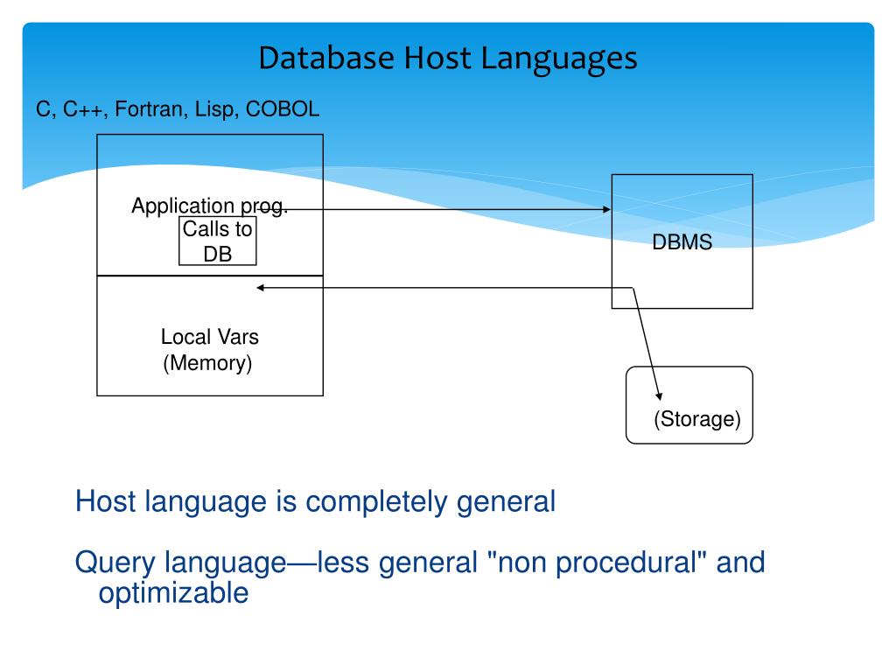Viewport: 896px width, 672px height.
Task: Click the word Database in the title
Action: pos(326,59)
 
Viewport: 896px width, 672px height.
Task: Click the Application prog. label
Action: pos(209,206)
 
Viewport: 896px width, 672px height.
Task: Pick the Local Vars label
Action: pos(209,336)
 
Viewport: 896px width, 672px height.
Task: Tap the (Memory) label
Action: pos(207,362)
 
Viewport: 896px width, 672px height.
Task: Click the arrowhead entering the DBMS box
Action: pos(606,210)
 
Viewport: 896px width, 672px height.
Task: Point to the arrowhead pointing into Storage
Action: pos(659,395)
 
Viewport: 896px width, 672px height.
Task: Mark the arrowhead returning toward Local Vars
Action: pos(260,288)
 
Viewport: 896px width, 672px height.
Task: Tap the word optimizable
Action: pos(173,592)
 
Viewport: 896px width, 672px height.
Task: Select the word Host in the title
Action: pos(433,59)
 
